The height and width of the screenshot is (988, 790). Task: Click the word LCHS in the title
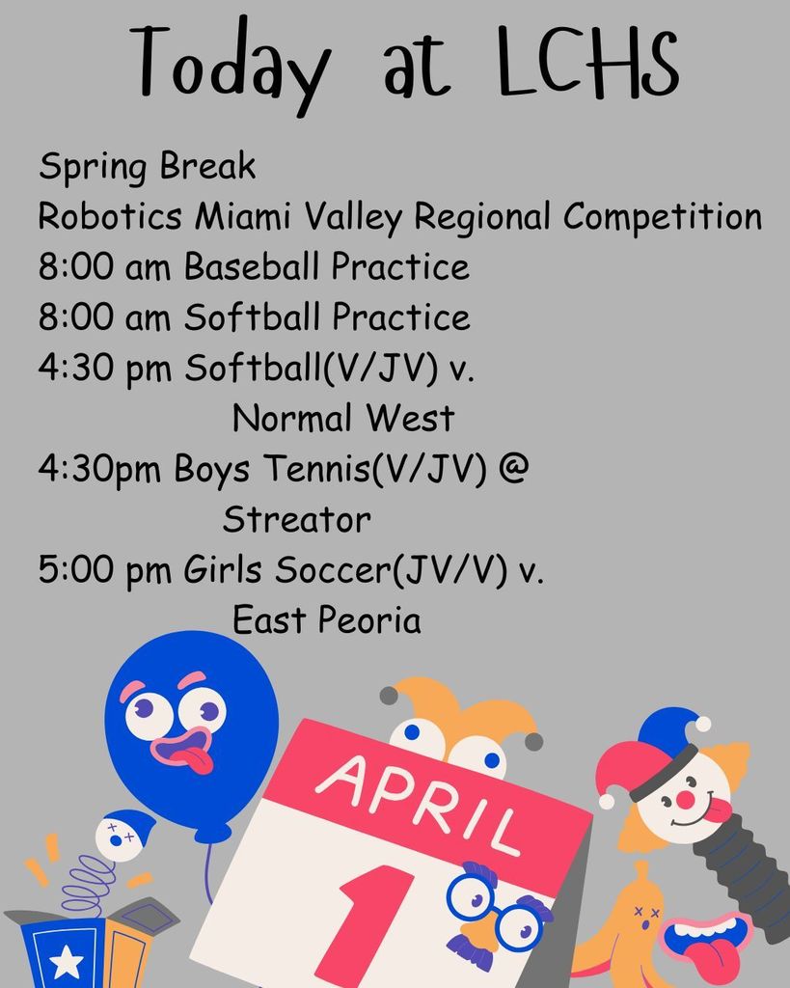(587, 61)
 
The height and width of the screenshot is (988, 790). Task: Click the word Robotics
(110, 216)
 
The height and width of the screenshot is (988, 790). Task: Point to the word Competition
(662, 217)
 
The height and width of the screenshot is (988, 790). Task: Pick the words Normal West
(343, 417)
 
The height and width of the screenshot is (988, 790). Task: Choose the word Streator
(297, 519)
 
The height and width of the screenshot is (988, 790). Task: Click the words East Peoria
(326, 619)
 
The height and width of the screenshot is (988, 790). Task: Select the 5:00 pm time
(104, 571)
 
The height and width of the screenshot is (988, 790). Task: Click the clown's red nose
(685, 800)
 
